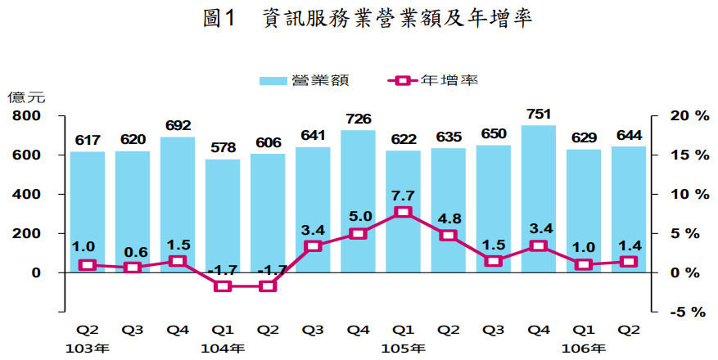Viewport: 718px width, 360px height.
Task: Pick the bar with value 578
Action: (x=223, y=216)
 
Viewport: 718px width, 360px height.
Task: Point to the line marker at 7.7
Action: (x=403, y=213)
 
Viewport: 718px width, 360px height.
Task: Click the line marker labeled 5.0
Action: (x=358, y=234)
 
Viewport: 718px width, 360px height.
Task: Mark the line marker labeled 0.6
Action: (x=132, y=268)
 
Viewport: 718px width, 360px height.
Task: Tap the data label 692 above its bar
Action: (x=178, y=126)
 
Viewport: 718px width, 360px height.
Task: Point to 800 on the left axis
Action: (x=25, y=116)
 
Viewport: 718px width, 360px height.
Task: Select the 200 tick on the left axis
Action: (x=25, y=234)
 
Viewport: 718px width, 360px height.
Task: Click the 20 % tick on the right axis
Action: (x=687, y=116)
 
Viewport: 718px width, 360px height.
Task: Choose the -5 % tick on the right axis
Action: (x=687, y=312)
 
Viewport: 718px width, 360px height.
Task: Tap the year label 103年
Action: (x=87, y=349)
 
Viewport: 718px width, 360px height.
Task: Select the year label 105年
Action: (x=403, y=349)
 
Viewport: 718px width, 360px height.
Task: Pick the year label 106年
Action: (x=584, y=349)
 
